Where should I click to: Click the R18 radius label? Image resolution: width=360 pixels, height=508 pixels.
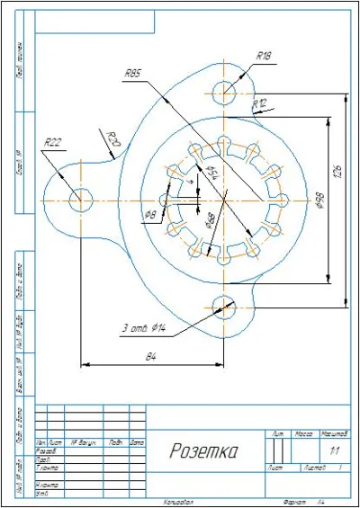[264, 56]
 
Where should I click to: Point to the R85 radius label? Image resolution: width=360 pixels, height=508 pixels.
[133, 73]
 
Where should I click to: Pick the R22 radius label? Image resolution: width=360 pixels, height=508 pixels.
[54, 141]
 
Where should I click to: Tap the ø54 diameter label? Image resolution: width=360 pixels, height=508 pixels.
[213, 173]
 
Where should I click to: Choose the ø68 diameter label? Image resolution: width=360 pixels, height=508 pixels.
[209, 220]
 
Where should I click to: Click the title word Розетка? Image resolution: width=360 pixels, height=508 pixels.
[203, 450]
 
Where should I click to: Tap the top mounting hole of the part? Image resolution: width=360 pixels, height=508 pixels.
[224, 90]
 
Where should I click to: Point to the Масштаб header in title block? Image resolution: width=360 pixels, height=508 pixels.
[335, 434]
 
